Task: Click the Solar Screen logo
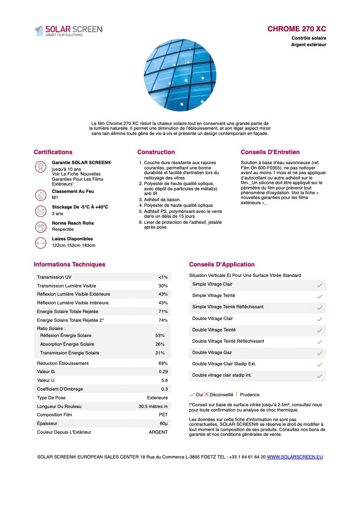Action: [x=68, y=30]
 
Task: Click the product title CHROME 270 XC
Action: [x=296, y=29]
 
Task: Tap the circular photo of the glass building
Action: [x=180, y=75]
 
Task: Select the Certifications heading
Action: [x=53, y=152]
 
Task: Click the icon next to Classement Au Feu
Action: [x=41, y=195]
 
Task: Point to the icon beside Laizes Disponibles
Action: [x=41, y=243]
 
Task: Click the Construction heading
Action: [x=156, y=152]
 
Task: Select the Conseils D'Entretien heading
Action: [x=270, y=152]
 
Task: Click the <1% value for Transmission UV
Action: [x=163, y=277]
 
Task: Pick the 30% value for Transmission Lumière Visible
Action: [x=163, y=286]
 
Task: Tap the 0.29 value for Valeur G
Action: [x=163, y=372]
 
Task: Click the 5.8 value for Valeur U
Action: [x=164, y=381]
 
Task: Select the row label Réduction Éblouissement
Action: [x=63, y=363]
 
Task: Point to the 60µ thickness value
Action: [x=163, y=424]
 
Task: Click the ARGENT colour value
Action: [x=158, y=432]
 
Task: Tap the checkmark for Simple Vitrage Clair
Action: [x=319, y=285]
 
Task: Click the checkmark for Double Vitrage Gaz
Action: [x=319, y=353]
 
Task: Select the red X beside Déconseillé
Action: [x=207, y=394]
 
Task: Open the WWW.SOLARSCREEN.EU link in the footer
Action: [x=295, y=457]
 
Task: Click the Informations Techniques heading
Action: [x=69, y=264]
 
